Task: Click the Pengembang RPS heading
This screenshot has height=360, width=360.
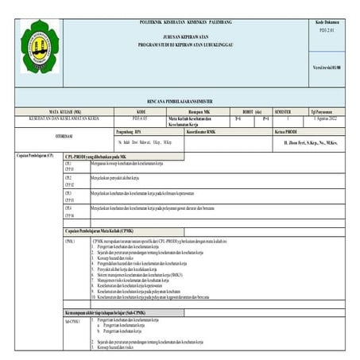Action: tap(133, 130)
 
